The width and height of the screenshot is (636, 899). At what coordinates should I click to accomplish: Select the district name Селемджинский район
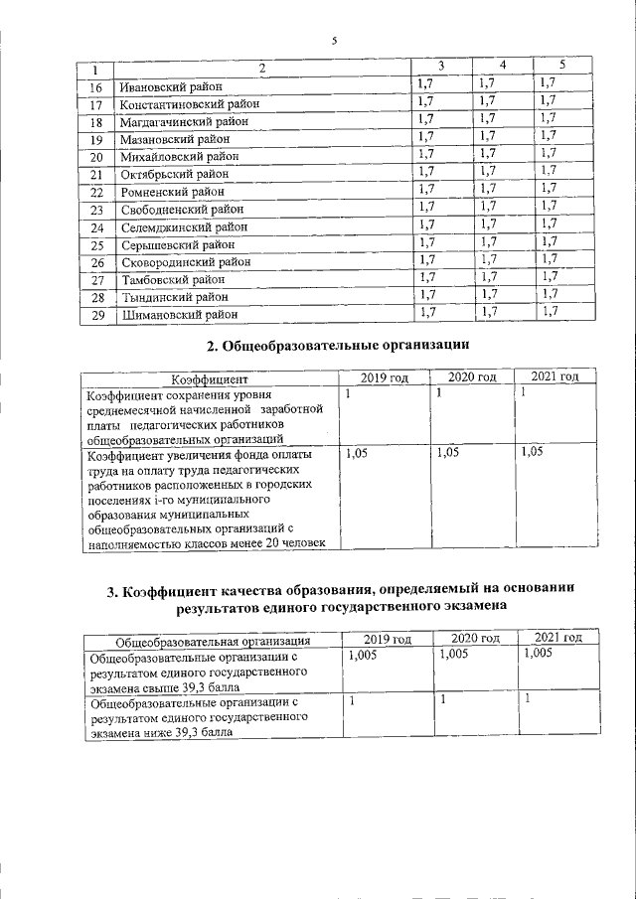point(183,227)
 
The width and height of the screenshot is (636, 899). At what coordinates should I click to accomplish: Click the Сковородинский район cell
point(185,262)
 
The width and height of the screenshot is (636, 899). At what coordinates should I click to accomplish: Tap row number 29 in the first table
point(96,315)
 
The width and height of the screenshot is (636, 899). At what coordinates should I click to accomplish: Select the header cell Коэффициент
point(210,378)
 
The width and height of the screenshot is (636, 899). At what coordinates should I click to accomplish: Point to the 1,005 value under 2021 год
point(538,656)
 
